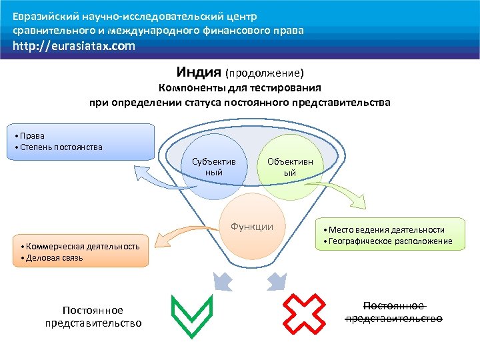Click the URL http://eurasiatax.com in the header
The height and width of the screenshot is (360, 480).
click(74, 46)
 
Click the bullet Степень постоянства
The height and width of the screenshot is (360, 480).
click(61, 147)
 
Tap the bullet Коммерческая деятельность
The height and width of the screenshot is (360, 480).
click(80, 247)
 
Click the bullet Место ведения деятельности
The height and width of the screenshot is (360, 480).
click(386, 230)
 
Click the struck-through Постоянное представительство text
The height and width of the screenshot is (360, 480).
click(393, 311)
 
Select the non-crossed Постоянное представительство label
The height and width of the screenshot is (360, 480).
click(93, 317)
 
